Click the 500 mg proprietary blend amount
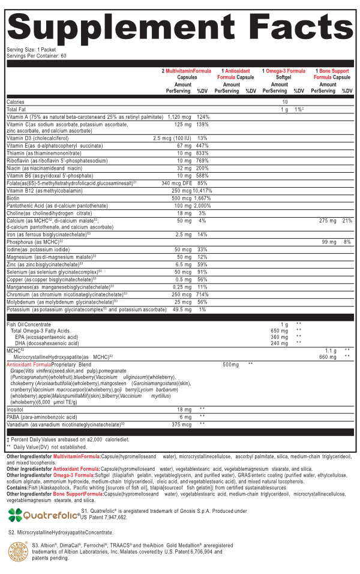tap(230, 364)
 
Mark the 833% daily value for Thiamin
tap(202, 152)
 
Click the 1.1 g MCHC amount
tap(331, 350)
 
